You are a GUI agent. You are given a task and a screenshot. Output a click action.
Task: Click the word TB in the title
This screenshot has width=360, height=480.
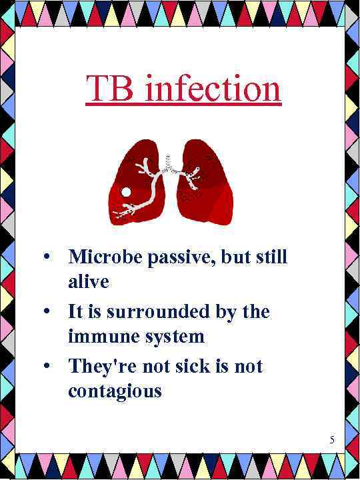point(111,89)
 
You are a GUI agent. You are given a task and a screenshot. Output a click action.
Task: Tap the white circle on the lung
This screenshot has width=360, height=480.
point(126,192)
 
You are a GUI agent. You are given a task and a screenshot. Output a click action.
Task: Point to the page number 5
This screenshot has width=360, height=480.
point(332,439)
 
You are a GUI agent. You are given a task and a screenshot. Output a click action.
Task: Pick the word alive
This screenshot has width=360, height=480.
point(88,281)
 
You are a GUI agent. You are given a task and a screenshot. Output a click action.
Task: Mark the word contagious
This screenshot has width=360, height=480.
point(115,391)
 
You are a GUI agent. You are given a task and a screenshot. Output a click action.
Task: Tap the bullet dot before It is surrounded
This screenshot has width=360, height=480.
point(45,312)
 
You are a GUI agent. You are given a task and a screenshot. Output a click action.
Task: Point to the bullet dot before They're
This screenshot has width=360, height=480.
point(45,367)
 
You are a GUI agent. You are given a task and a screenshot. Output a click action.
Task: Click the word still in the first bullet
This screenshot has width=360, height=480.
point(271,257)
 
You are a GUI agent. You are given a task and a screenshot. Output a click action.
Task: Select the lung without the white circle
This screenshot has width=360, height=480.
point(207,183)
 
